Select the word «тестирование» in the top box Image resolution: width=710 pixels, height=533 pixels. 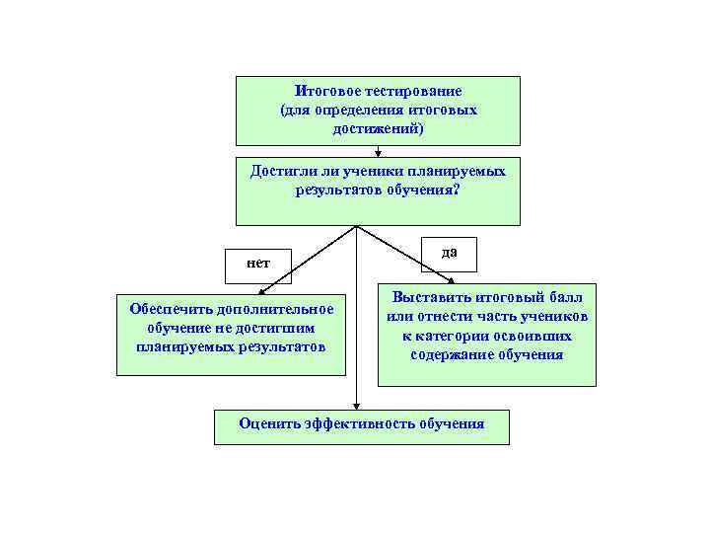414,91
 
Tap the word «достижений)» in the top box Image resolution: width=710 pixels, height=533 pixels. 378,128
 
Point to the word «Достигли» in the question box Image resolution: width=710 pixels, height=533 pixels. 280,171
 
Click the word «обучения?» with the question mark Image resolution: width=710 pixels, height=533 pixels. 426,189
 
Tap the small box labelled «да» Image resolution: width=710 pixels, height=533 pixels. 449,253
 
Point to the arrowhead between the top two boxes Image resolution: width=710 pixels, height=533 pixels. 379,152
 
